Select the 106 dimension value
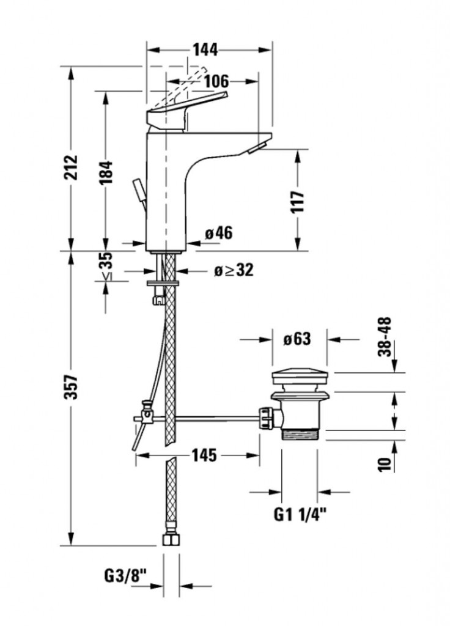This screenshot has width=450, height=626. coord(216,81)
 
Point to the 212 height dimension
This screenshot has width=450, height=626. coord(72,168)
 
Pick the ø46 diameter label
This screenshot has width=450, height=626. coord(219,233)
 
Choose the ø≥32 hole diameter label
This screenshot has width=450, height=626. coord(233,270)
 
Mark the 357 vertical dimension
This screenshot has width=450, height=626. coord(72,386)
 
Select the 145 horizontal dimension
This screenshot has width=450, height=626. coord(204,455)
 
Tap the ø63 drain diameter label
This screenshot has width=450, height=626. coord(297,339)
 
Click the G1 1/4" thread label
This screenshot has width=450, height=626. coord(300,515)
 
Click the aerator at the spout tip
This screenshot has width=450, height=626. coord(257,147)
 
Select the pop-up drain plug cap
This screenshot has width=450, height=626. coord(300,377)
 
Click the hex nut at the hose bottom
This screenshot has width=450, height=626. coord(171,540)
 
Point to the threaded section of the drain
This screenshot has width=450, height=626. coord(302,435)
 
